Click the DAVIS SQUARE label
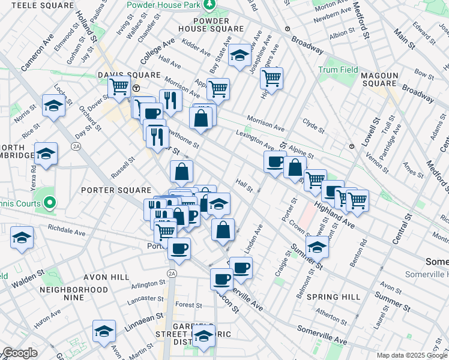pos(130,76)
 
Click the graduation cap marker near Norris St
pos(53,106)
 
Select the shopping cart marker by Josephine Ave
pos(272,77)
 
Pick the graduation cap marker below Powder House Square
pos(240,56)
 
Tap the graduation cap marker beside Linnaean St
pos(104,331)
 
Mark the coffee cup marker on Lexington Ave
pos(276,161)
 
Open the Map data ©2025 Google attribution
pos(411,355)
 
